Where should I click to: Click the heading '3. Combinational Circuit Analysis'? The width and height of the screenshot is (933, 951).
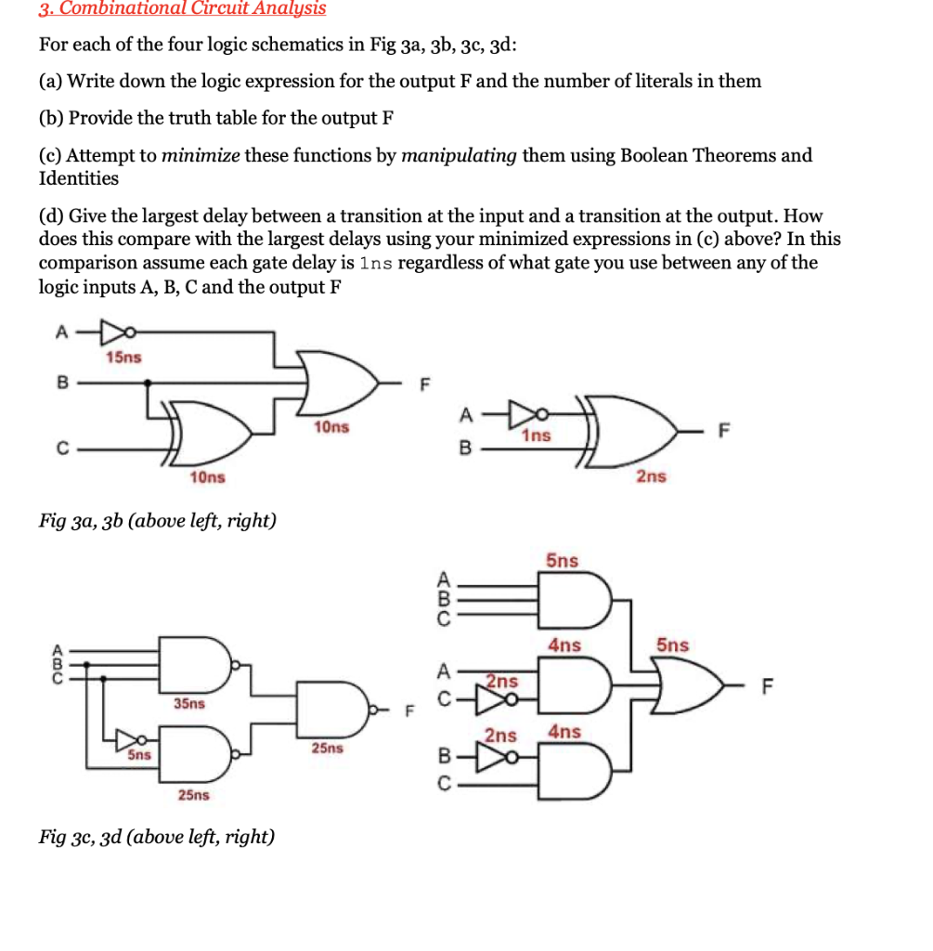pos(182,9)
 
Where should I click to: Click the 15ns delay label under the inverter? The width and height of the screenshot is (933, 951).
pos(123,358)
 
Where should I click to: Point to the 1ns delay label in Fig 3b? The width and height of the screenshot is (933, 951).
pos(536,435)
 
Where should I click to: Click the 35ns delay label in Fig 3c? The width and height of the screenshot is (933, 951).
pos(189,704)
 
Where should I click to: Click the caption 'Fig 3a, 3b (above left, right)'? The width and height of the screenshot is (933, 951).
pos(157,520)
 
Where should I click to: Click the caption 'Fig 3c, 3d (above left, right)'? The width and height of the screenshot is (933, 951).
pos(156,837)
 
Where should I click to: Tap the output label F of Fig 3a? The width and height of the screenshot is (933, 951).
pos(426,384)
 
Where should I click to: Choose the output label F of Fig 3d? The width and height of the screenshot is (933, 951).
pos(766,688)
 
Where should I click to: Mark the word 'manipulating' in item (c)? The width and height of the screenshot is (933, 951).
pos(459,155)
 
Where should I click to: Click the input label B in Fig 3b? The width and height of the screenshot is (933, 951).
pos(466,449)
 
